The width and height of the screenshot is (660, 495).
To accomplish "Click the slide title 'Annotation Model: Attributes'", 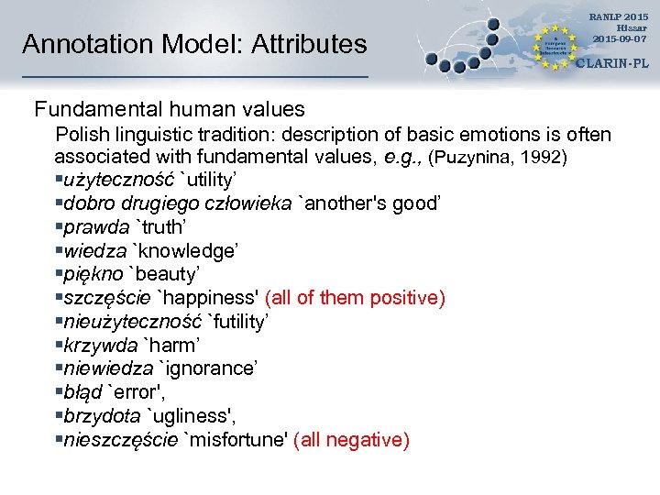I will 194,44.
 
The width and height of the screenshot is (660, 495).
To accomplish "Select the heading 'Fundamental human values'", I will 170,110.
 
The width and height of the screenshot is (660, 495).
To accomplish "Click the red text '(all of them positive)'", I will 355,298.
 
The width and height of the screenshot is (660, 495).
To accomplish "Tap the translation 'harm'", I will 172,346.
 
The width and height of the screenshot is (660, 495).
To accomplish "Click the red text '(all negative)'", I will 351,440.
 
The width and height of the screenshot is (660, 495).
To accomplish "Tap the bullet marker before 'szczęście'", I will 59,298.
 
